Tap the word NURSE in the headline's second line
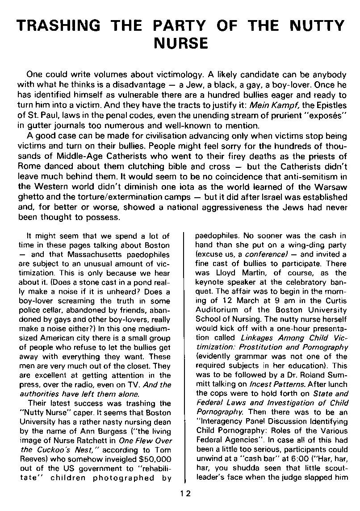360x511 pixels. pos(180,44)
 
